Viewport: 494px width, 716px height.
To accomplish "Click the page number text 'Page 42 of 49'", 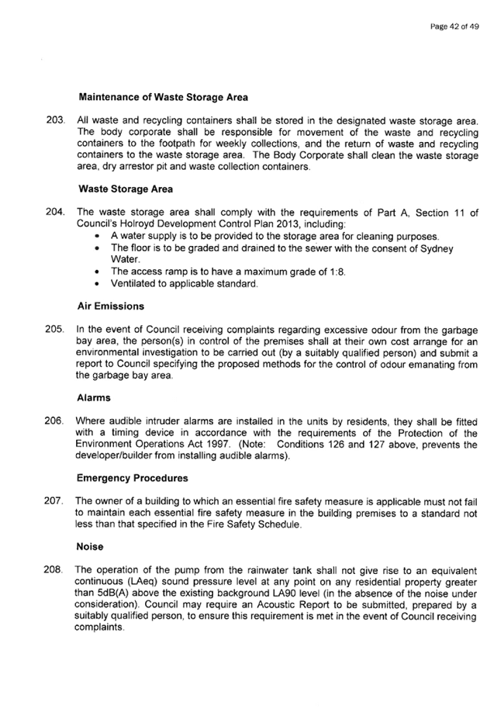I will pos(454,26).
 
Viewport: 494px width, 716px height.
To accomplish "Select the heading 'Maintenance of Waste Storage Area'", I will pos(163,98).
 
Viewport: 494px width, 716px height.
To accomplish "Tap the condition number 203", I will pos(54,120).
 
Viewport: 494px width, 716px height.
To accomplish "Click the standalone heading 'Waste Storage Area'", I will pos(126,189).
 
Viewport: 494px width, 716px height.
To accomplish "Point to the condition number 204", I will pos(54,212).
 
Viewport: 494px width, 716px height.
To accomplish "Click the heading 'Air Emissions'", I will pos(111,307).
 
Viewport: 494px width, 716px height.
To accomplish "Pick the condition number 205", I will pos(54,329).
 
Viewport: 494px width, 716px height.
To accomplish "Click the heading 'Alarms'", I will pos(94,398).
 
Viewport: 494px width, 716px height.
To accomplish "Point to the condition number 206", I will pos(54,420).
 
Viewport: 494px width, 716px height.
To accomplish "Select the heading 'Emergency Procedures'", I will pos(133,479).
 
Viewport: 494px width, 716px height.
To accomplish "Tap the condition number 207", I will pos(54,501).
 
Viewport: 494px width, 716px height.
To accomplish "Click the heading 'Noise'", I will pos(89,547).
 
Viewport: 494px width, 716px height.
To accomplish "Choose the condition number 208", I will pos(54,569).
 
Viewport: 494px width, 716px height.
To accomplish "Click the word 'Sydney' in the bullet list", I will pos(437,248).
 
